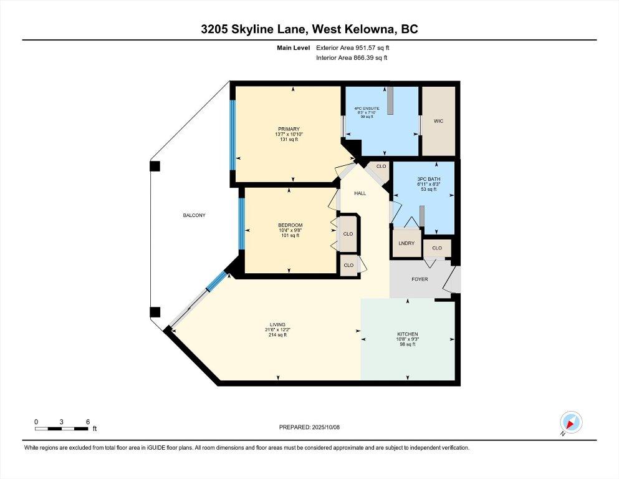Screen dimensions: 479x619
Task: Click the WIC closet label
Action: (x=438, y=122)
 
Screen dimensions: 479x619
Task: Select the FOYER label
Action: (x=420, y=279)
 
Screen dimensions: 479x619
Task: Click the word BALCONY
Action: (x=194, y=215)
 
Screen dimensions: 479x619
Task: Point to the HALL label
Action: (x=360, y=193)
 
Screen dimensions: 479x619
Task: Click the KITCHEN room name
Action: (x=408, y=334)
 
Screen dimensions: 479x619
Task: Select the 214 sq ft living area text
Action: (x=277, y=335)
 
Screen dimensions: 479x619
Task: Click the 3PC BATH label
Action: (x=436, y=178)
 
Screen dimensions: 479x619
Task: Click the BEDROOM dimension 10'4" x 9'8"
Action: (x=290, y=230)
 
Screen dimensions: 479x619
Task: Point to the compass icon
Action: (x=570, y=422)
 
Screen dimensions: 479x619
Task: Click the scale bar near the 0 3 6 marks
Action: (x=61, y=428)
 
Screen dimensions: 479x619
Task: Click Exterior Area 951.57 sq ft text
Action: (x=356, y=47)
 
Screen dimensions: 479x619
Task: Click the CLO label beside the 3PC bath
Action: (x=381, y=167)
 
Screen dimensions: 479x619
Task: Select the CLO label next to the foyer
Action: (x=437, y=248)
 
